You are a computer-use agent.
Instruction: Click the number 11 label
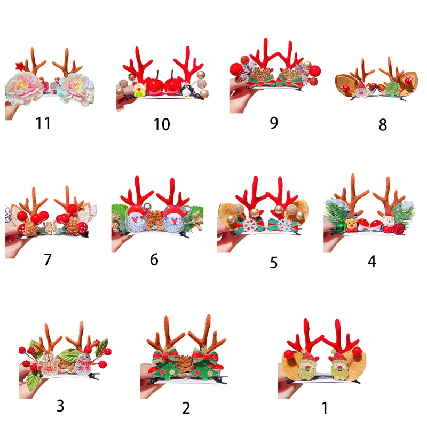[x=43, y=123]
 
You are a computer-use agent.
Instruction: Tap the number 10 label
[x=161, y=124]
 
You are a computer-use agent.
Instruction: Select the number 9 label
[x=274, y=122]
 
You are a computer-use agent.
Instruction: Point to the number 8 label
[x=382, y=125]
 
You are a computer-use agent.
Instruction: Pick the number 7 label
[x=48, y=259]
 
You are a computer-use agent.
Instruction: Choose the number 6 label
[x=154, y=259]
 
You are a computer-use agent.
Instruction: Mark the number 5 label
[x=274, y=263]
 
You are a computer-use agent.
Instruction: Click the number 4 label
[x=372, y=261]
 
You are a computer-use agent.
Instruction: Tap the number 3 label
[x=60, y=406]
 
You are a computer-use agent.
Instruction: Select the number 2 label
[x=186, y=408]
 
